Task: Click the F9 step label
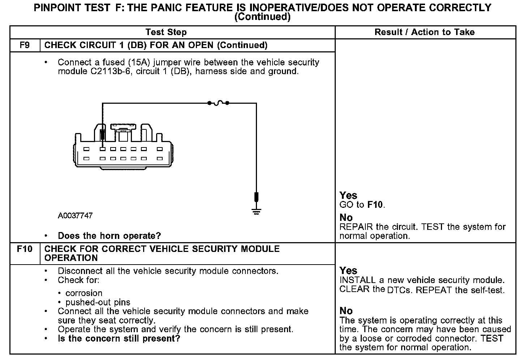point(25,45)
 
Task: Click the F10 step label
point(25,249)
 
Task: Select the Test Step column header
point(166,32)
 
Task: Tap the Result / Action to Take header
point(424,32)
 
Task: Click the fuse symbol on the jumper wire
point(218,103)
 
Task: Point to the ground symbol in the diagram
point(256,211)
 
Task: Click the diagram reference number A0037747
point(75,216)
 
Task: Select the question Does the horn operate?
point(109,236)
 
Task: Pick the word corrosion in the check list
point(84,293)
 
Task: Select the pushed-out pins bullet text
point(98,302)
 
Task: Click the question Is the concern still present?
point(119,339)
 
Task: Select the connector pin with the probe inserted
point(103,149)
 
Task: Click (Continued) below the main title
point(262,17)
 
